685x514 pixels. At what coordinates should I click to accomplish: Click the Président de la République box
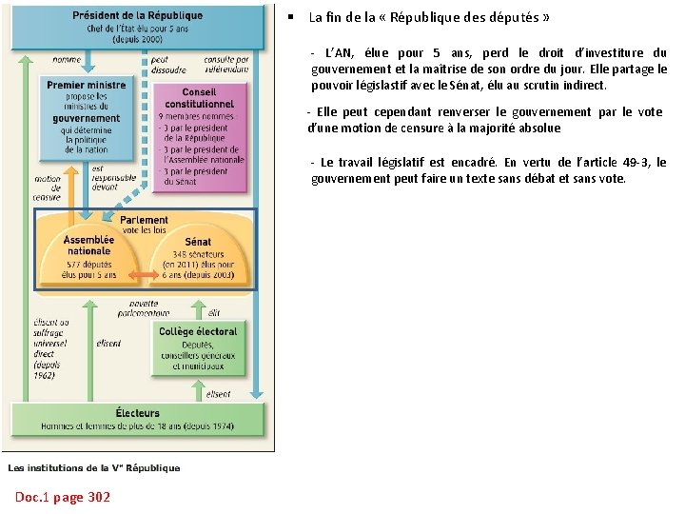pos(137,27)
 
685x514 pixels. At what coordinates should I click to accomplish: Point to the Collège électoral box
pos(198,347)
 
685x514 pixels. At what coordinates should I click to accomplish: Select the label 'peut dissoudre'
pos(167,65)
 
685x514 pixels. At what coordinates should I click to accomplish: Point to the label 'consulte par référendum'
pos(226,65)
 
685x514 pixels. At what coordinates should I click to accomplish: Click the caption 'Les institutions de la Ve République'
pos(94,467)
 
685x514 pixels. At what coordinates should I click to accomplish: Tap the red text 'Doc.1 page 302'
pos(63,497)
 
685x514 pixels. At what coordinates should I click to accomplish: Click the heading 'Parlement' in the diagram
pos(145,220)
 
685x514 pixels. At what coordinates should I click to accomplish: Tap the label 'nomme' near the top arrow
pos(67,59)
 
